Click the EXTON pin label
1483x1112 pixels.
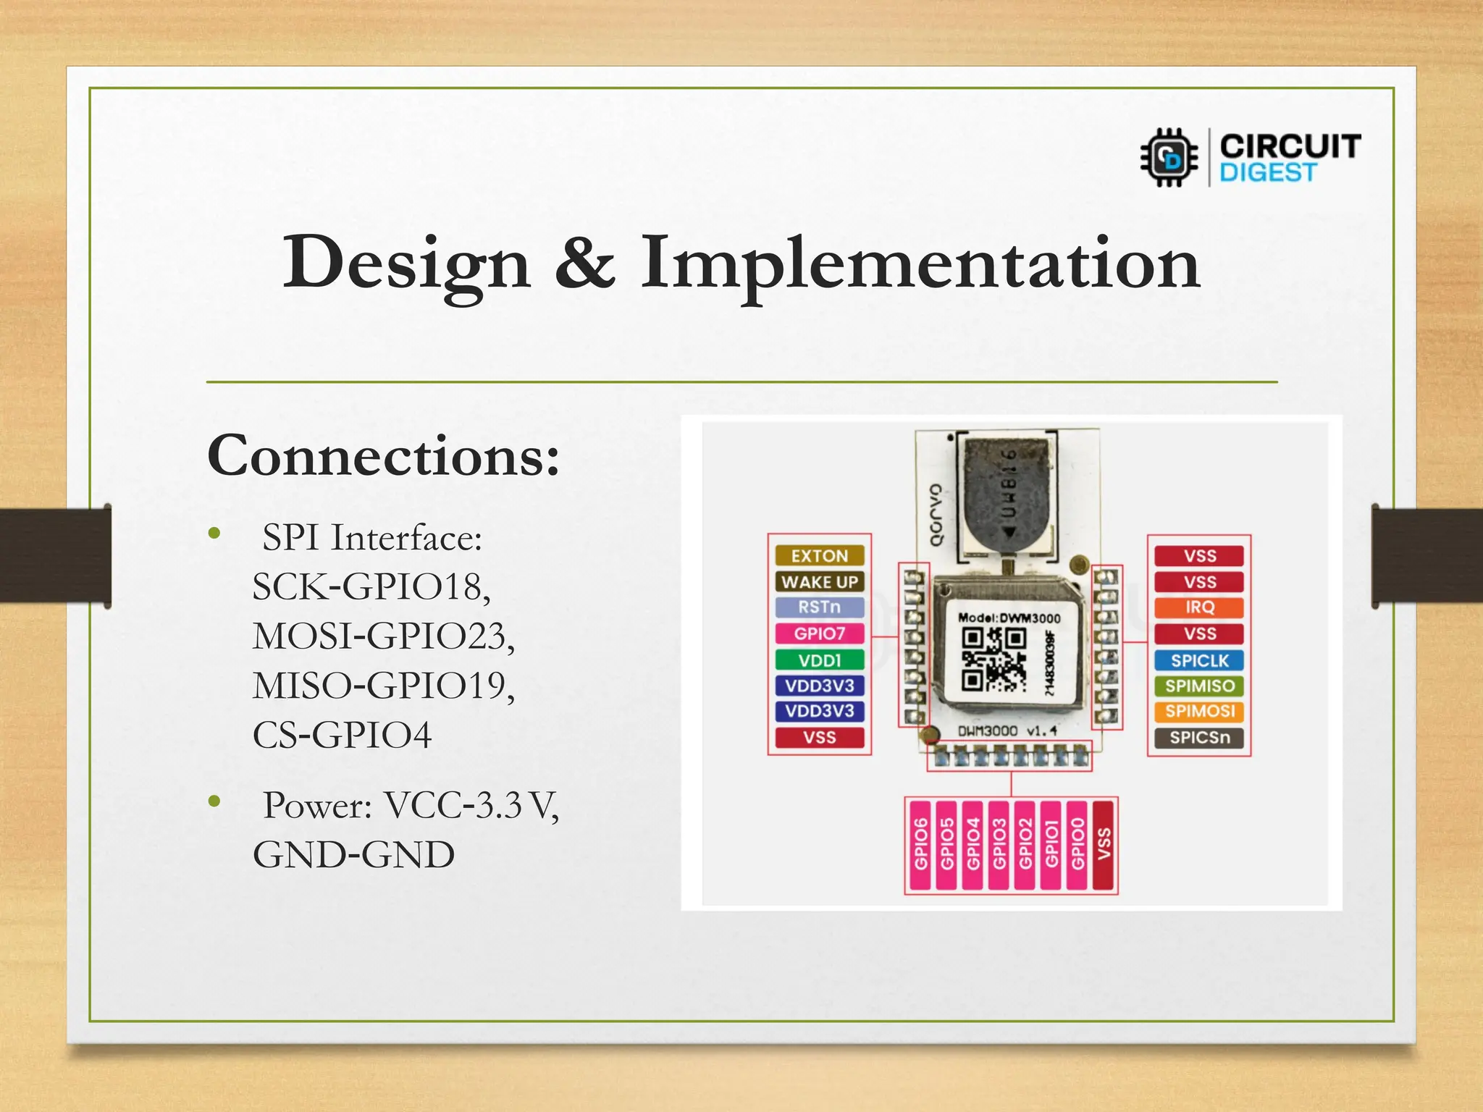click(819, 555)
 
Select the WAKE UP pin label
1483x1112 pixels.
click(819, 581)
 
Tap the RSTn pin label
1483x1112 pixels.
click(819, 607)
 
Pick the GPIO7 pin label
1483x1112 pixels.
click(819, 633)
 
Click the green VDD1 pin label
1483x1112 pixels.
click(819, 660)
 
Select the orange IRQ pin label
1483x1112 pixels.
click(1199, 607)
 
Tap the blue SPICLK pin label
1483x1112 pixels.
click(1199, 660)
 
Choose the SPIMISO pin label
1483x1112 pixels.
click(1199, 686)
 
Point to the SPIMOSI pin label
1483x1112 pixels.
click(1199, 711)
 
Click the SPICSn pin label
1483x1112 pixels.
click(1199, 737)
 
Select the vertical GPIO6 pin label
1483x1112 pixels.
click(920, 844)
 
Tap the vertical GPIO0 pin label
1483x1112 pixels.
click(1077, 844)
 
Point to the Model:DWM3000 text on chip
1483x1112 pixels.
click(1009, 618)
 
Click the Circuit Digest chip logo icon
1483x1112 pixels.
click(1169, 157)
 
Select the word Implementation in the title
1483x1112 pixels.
click(920, 264)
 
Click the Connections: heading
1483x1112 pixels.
click(383, 456)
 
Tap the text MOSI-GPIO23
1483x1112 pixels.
click(383, 636)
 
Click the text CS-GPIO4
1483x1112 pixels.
click(342, 735)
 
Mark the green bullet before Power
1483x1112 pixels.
click(214, 801)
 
